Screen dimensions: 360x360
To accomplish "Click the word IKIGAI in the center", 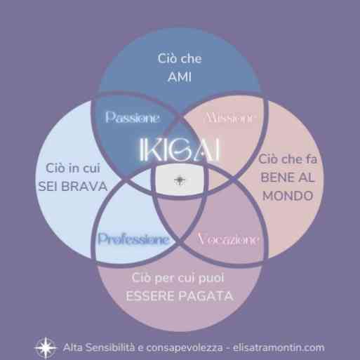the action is tap(180, 149).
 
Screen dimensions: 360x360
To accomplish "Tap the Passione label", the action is tap(133, 117).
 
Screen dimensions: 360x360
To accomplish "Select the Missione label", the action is tap(229, 118).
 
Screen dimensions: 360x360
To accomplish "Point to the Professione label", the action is tap(133, 239).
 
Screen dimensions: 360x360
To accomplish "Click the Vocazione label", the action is tap(229, 239).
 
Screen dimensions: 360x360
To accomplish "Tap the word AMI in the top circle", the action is tap(180, 76).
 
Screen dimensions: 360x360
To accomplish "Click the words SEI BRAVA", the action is tap(73, 187).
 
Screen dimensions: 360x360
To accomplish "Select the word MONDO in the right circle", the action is tap(288, 196).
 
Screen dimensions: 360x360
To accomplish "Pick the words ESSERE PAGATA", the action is tap(180, 296).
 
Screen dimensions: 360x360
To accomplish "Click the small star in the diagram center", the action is tap(180, 180).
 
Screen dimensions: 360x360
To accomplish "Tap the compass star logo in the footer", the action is tap(46, 348).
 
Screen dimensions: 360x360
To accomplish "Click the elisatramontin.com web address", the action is tap(279, 347).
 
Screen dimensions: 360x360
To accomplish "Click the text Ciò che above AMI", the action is tap(180, 58).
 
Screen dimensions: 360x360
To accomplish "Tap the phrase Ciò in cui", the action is tap(73, 168).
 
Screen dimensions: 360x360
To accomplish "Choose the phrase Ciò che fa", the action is tap(288, 159).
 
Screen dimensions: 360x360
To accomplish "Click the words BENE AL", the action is tap(288, 178).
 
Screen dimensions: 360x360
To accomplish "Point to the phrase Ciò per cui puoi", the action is tap(178, 279).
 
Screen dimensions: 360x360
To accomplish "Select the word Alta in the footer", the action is tap(72, 347).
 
